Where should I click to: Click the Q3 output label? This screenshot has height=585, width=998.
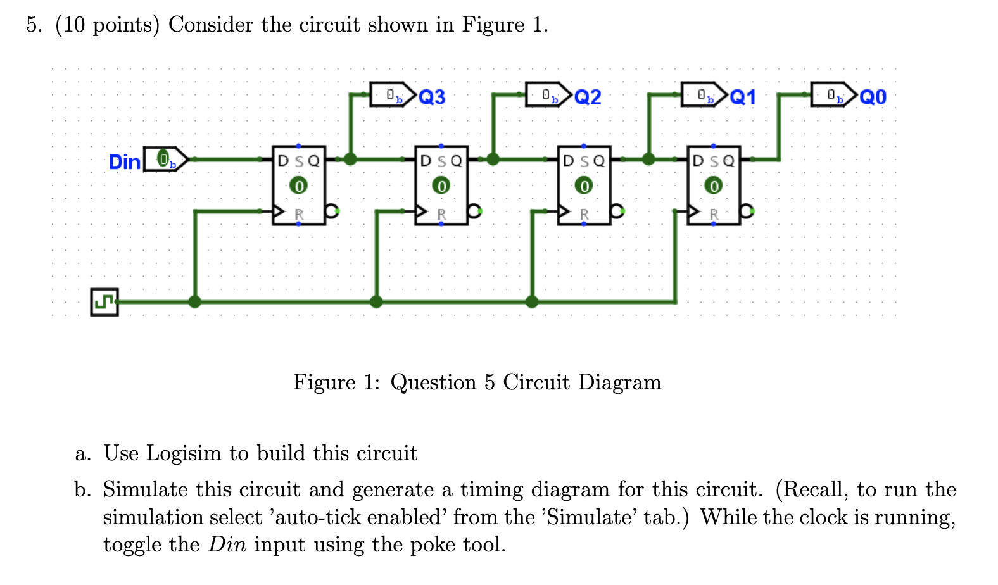tap(433, 97)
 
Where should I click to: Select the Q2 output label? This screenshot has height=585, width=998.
tap(588, 97)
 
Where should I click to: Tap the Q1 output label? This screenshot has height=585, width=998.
tap(743, 97)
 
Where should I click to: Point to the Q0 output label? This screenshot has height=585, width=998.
tap(873, 97)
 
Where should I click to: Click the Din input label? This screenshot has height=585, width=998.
tap(124, 162)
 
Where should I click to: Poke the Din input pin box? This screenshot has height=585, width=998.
tap(164, 159)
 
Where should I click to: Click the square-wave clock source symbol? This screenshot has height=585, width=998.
tap(104, 302)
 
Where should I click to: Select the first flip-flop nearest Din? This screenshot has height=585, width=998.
tap(299, 186)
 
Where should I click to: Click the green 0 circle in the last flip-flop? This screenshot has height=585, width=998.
tap(714, 186)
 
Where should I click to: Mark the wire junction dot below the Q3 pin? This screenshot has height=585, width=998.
tap(350, 159)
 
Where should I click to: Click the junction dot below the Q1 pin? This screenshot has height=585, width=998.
tap(648, 159)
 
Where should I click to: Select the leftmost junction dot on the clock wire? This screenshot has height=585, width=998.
tap(195, 301)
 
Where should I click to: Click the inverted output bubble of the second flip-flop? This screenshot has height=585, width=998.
tap(475, 211)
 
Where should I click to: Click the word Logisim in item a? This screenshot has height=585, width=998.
tap(184, 453)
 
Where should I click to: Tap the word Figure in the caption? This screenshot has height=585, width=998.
tap(324, 382)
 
